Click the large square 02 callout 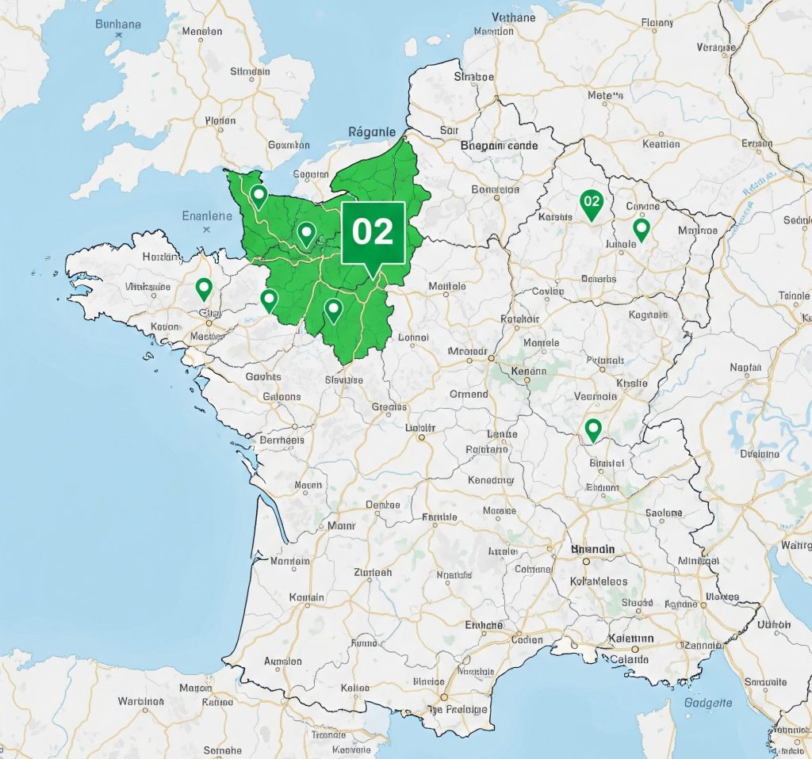coord(373,231)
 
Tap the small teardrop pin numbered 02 coord(592,203)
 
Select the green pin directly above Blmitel coord(593,429)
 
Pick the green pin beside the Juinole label coord(642,230)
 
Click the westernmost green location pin coord(204,288)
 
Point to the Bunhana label coord(118,24)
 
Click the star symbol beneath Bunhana coord(119,36)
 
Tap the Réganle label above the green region coord(372,132)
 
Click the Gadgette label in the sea coord(707,702)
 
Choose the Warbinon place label coord(140,701)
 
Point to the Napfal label coord(745,368)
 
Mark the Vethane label coord(514,17)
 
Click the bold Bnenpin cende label coord(499,146)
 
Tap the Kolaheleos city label coord(599,582)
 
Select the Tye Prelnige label coord(458,709)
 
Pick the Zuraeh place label coord(372,572)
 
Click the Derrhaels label coord(282,441)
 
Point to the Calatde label coord(628,659)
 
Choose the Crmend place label coord(469,394)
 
